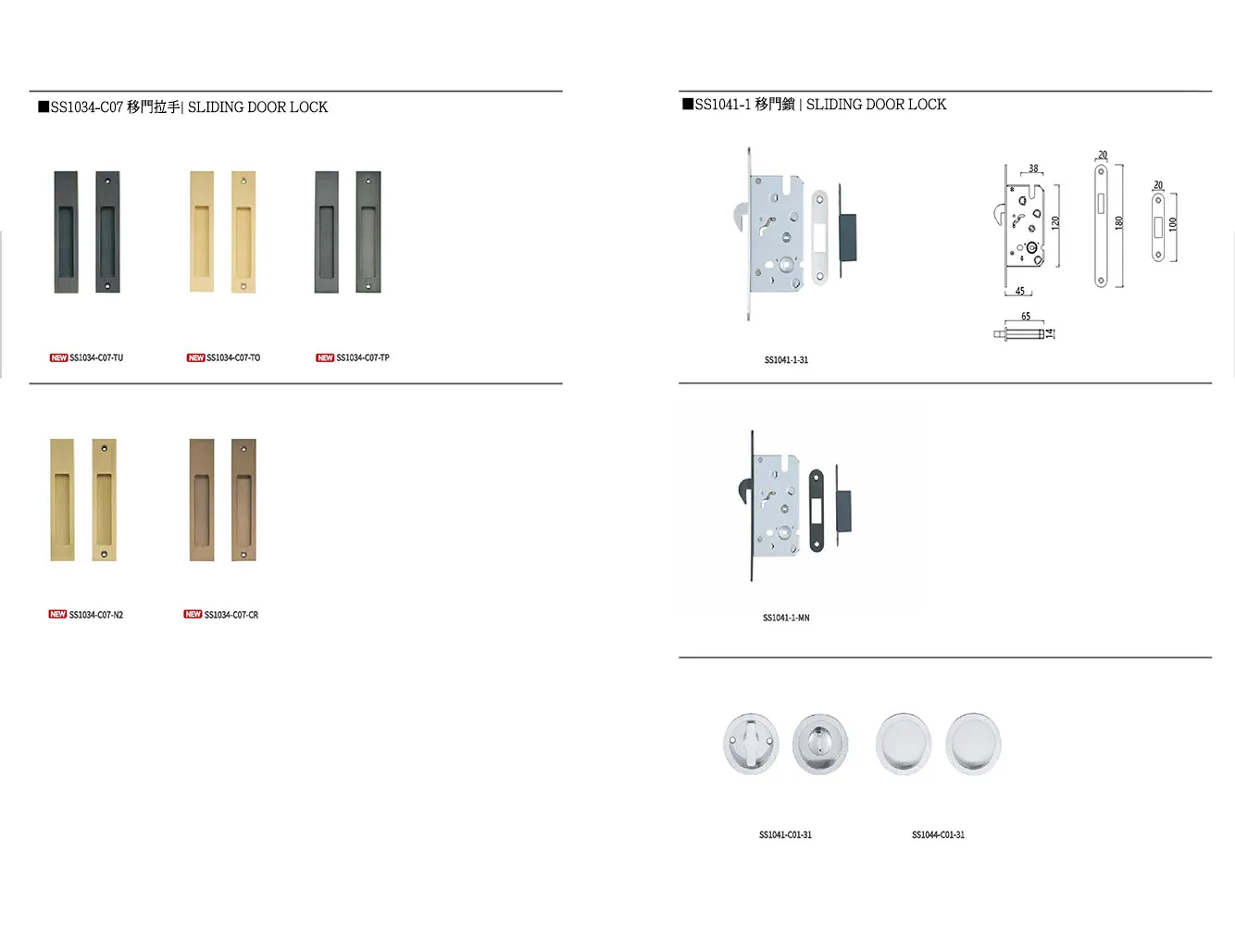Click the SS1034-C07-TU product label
click(96, 357)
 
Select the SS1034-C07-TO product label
click(233, 357)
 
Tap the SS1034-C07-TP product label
click(363, 357)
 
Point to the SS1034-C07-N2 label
click(95, 615)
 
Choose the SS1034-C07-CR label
click(231, 615)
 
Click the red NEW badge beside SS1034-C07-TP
click(325, 357)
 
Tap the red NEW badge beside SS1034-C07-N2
click(57, 614)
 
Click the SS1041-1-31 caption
click(786, 360)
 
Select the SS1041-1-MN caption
click(786, 618)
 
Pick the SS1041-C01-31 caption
click(785, 835)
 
